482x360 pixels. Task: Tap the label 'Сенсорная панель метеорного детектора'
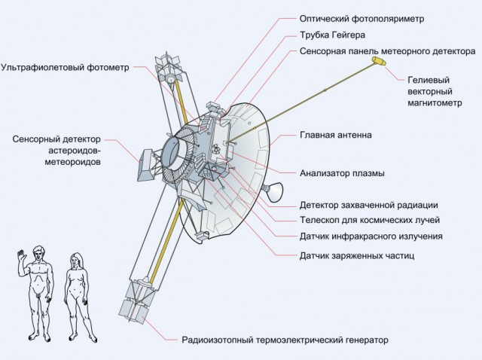[x=377, y=53]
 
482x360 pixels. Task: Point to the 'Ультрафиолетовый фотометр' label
[x=66, y=67]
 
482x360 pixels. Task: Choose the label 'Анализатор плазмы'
[x=342, y=172]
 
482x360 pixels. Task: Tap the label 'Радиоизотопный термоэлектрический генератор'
[x=285, y=340]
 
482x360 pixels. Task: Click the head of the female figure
[x=76, y=258]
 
